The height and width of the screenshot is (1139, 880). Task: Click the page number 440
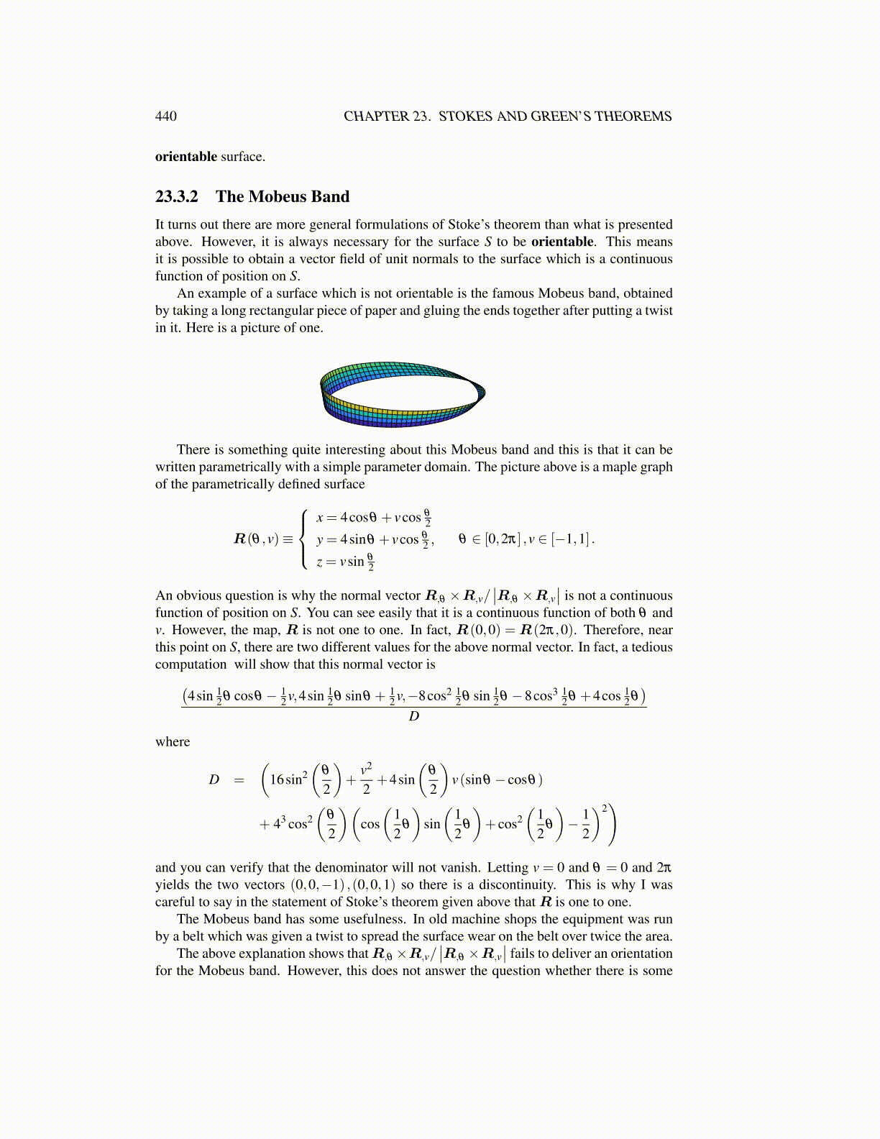[166, 116]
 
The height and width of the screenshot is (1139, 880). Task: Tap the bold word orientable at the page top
[186, 157]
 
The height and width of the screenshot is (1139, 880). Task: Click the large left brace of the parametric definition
[305, 539]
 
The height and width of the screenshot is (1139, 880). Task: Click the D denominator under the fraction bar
[413, 716]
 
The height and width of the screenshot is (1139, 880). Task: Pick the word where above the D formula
[173, 742]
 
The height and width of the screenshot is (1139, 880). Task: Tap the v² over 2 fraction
[366, 779]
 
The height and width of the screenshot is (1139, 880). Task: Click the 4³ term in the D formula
[279, 824]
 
